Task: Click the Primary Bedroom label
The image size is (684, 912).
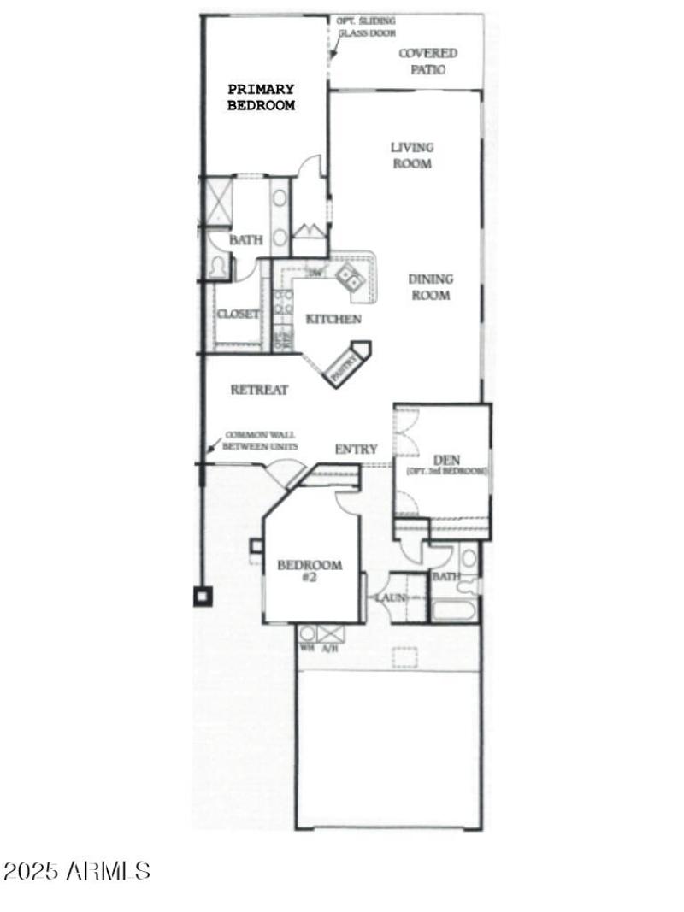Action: coord(261,97)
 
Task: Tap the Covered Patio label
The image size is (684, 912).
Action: coord(427,61)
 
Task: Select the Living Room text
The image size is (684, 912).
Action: coord(412,155)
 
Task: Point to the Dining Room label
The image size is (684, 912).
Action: coord(430,287)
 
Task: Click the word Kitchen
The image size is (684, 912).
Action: coord(333,319)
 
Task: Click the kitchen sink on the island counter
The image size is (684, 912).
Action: coord(349,276)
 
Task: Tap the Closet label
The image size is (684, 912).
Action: coord(239,314)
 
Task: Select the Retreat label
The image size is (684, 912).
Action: coord(259,390)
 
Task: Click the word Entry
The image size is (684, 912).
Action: coord(356,450)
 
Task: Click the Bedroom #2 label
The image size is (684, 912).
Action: coord(310,571)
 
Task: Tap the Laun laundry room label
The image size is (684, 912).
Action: coord(391,597)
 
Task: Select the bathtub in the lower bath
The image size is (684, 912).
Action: coord(452,611)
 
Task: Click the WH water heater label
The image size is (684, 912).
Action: coord(305,648)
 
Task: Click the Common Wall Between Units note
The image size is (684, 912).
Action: coord(261,439)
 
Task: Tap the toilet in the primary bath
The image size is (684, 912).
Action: coord(218,267)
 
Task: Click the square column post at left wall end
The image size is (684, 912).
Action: coord(203,597)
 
